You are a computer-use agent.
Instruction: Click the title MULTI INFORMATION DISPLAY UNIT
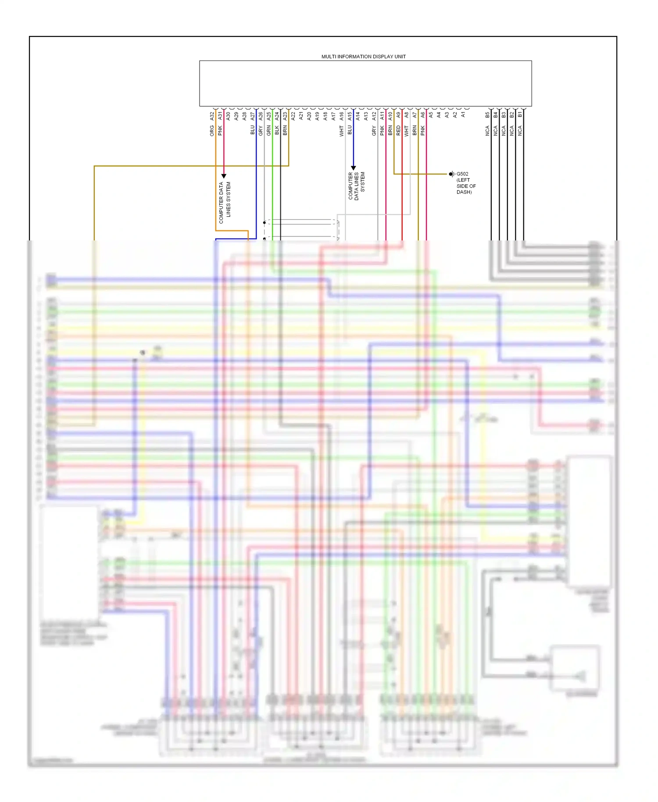[x=363, y=57]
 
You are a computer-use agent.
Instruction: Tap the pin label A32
[x=212, y=116]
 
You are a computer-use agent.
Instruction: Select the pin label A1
[x=463, y=115]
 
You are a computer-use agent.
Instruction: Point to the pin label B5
[x=487, y=115]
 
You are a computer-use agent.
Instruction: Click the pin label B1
[x=520, y=115]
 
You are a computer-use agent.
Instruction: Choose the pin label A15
[x=350, y=116]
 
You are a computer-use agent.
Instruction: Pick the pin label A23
[x=285, y=116]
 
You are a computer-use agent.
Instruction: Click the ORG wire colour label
[x=212, y=130]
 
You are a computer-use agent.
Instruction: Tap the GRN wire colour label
[x=269, y=130]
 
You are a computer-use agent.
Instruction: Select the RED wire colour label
[x=398, y=130]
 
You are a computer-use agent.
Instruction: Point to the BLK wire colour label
[x=277, y=130]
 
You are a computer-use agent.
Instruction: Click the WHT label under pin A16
[x=342, y=131]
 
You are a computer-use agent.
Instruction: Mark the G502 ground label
[x=462, y=174]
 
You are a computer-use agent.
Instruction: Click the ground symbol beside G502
[x=451, y=174]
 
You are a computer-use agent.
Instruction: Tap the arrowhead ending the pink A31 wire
[x=224, y=176]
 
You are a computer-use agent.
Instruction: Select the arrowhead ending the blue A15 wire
[x=354, y=168]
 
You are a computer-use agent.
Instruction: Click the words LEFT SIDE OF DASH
[x=466, y=186]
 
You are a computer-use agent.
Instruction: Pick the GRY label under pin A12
[x=374, y=130]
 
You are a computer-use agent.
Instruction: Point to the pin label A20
[x=309, y=116]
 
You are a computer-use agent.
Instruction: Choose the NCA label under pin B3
[x=504, y=130]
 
